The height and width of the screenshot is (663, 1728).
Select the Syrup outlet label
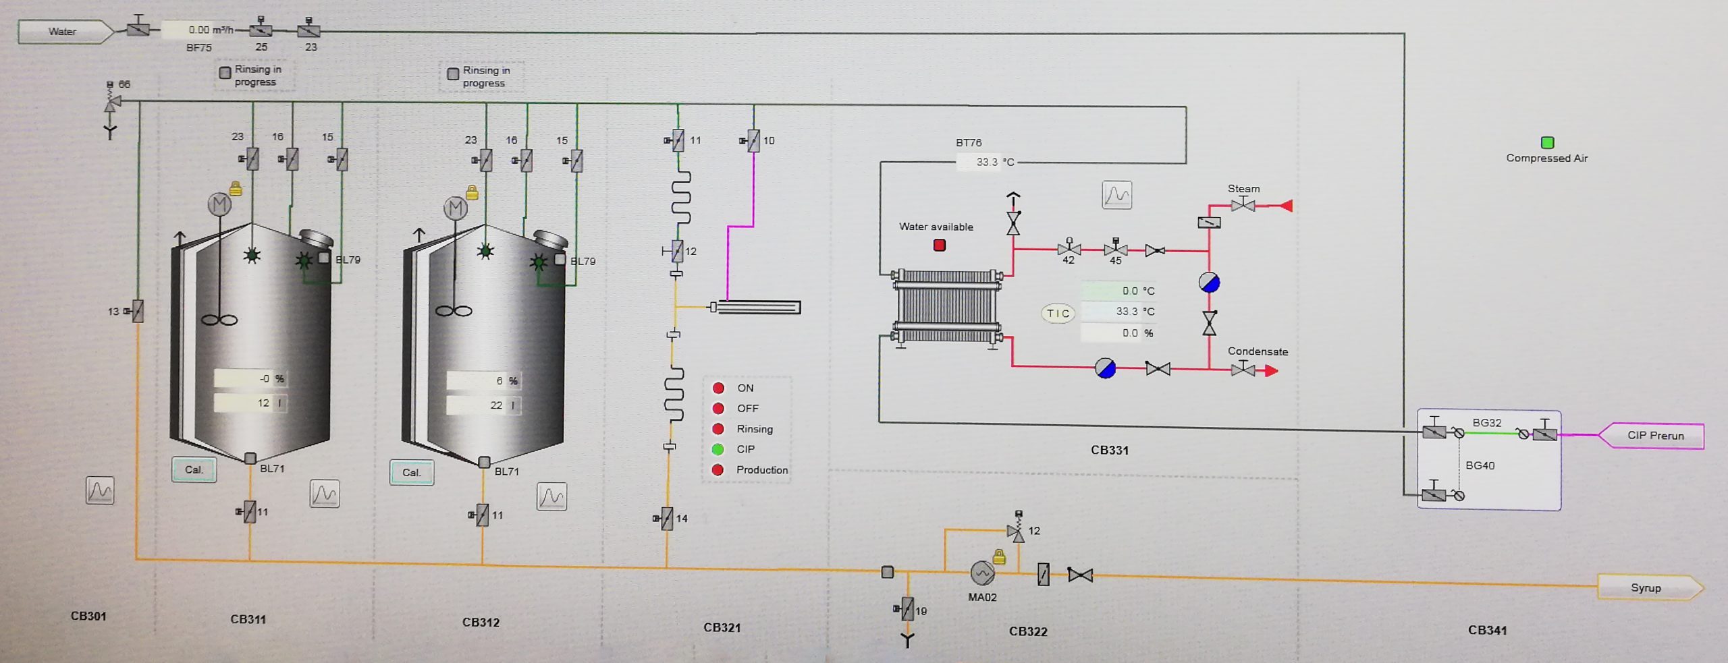[x=1646, y=587]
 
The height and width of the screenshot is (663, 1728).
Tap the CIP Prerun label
[x=1655, y=435]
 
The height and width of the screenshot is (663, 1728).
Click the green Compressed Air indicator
[x=1548, y=142]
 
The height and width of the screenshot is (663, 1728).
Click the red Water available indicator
[x=939, y=246]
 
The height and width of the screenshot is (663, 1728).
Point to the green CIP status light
[x=718, y=449]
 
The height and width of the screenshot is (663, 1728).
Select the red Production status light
[x=718, y=470]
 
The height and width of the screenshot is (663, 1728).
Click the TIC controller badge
[x=1058, y=313]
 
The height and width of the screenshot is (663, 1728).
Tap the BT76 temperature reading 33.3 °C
[x=994, y=162]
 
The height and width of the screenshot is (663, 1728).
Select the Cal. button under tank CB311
[x=194, y=470]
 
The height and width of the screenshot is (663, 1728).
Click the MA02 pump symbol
[x=982, y=573]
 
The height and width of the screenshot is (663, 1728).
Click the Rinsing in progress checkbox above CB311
[x=225, y=73]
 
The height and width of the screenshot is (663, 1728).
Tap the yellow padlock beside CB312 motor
[x=472, y=194]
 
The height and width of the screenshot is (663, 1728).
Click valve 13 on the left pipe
[x=138, y=311]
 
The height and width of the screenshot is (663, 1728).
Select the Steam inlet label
[x=1243, y=189]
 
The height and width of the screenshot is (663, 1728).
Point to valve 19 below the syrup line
[x=908, y=608]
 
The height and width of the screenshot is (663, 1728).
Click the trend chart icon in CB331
[x=1117, y=195]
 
